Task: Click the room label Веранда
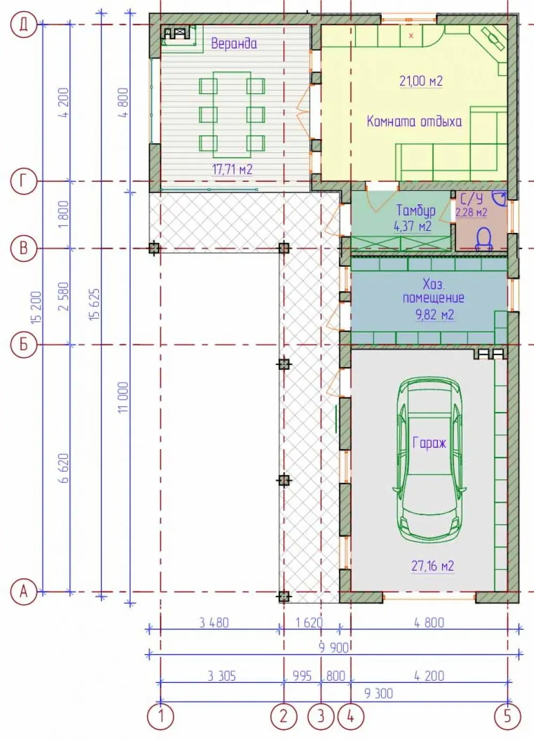click(234, 43)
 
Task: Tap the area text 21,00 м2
click(421, 81)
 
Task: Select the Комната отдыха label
click(414, 121)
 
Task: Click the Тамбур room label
click(415, 210)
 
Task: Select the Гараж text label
click(429, 443)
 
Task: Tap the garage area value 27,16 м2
click(433, 566)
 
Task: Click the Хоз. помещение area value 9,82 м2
click(435, 315)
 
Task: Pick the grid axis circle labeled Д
click(23, 25)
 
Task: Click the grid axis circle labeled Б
click(23, 345)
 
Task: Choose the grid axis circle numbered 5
click(508, 716)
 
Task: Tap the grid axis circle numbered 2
click(284, 716)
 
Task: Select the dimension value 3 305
click(222, 676)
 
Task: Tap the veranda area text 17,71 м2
click(232, 169)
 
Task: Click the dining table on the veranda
click(232, 115)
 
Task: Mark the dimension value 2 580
click(65, 296)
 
